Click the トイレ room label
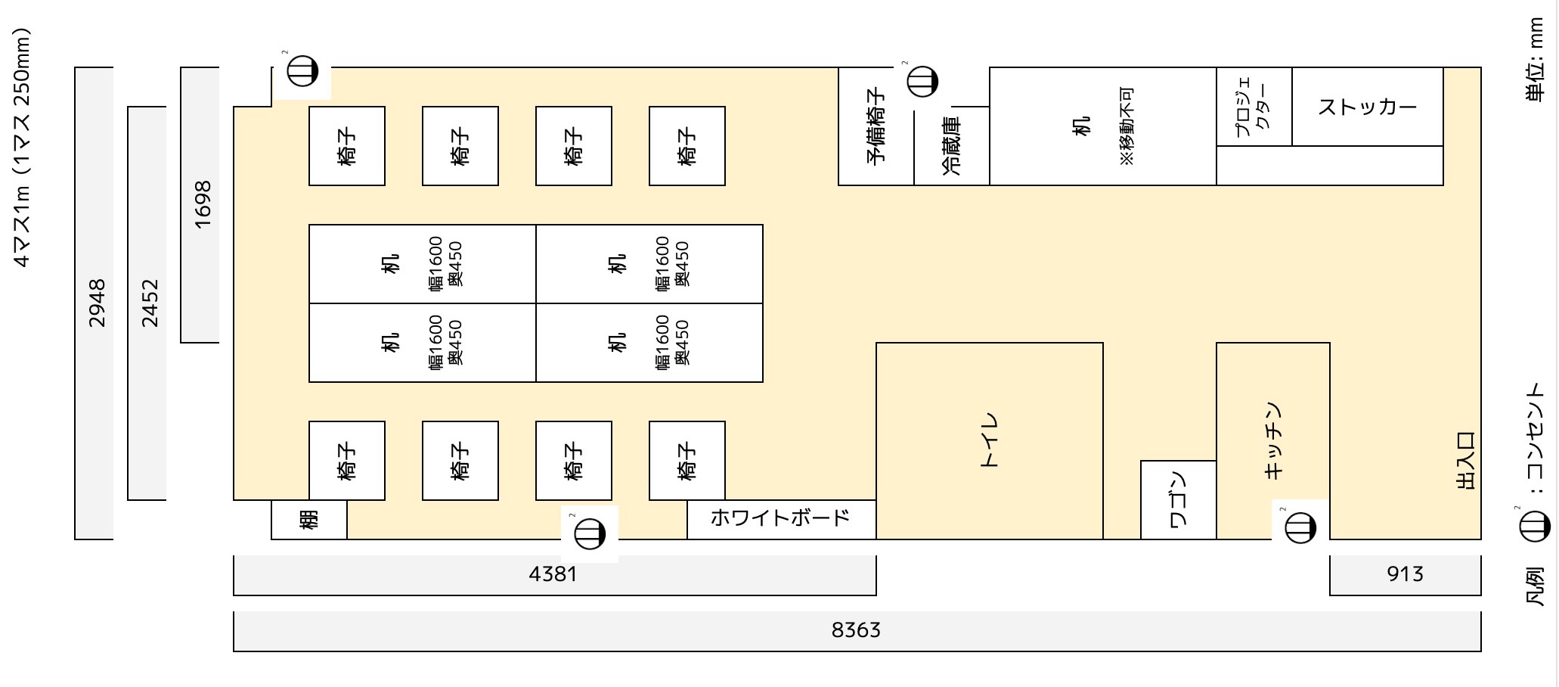tap(989, 440)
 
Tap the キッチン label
tap(1273, 440)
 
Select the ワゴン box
tap(1178, 499)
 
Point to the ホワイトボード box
tap(782, 519)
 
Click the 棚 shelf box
tap(309, 519)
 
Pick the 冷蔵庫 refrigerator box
tap(952, 146)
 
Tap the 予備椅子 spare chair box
tap(876, 126)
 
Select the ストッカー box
tap(1368, 107)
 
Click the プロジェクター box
tap(1254, 107)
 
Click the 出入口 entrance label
tap(1465, 461)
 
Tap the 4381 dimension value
tap(553, 574)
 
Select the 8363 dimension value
tap(856, 630)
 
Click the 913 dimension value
tap(1405, 574)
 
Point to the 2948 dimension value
tap(97, 303)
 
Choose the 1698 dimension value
tap(203, 204)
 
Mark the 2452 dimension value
tap(150, 303)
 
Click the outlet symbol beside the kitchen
tap(1300, 527)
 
